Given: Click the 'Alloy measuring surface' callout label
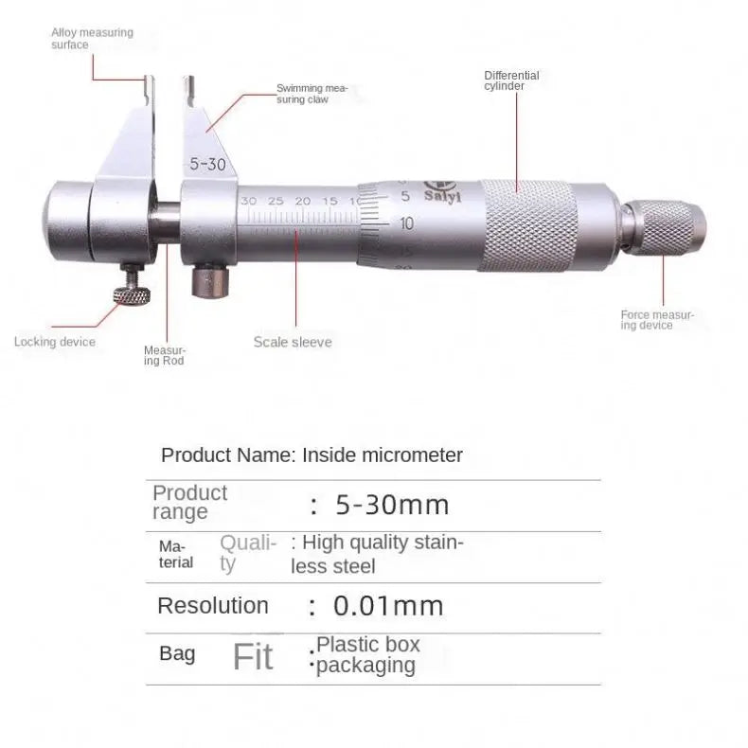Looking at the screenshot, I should [x=92, y=38].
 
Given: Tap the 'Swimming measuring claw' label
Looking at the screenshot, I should [x=312, y=93].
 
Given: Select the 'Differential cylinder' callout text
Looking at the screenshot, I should [x=511, y=80].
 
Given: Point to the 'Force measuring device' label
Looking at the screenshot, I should [x=657, y=319].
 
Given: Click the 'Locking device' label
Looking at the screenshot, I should [x=55, y=342].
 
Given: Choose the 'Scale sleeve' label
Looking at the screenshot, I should [x=293, y=342].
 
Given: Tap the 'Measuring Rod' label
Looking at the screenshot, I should [x=164, y=355].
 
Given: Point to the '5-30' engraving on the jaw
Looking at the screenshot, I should [x=206, y=163].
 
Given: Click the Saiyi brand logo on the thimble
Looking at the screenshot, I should [x=436, y=189].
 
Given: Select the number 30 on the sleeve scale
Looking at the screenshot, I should [x=249, y=202].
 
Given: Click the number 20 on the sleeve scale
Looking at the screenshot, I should [x=303, y=202].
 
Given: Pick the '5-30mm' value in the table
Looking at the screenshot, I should [x=392, y=505].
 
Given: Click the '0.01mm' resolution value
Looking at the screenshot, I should [x=388, y=606].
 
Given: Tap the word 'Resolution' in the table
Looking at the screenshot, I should [x=212, y=606].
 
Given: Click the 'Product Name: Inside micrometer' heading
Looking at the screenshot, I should [x=312, y=454].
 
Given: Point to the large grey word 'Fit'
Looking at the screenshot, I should [x=253, y=656].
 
